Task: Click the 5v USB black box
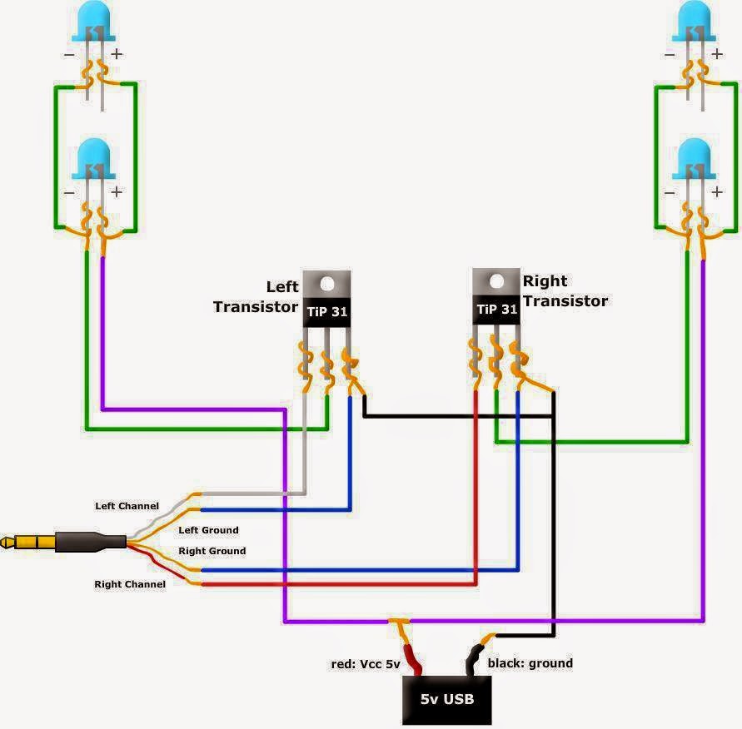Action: [x=446, y=700]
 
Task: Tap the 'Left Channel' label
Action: [x=127, y=506]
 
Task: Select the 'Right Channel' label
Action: [x=130, y=584]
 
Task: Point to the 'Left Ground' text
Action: [x=208, y=530]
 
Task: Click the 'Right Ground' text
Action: [x=212, y=551]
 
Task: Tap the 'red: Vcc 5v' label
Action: [x=366, y=664]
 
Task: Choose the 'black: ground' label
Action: [x=530, y=663]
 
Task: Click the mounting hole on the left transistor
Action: [x=327, y=284]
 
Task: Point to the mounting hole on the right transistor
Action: [x=496, y=281]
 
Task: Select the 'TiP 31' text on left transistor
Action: [x=327, y=311]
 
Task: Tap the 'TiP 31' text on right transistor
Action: [x=497, y=310]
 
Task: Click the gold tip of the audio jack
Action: [x=6, y=543]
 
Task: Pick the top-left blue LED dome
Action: [x=93, y=21]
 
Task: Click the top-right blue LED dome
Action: [x=695, y=21]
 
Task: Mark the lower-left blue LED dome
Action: [x=93, y=158]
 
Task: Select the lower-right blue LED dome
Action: [x=695, y=158]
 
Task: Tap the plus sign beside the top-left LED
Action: [x=117, y=54]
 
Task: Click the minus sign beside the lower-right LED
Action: [x=670, y=193]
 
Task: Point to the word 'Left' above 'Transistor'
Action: [x=282, y=286]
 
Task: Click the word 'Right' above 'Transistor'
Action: [x=545, y=280]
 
